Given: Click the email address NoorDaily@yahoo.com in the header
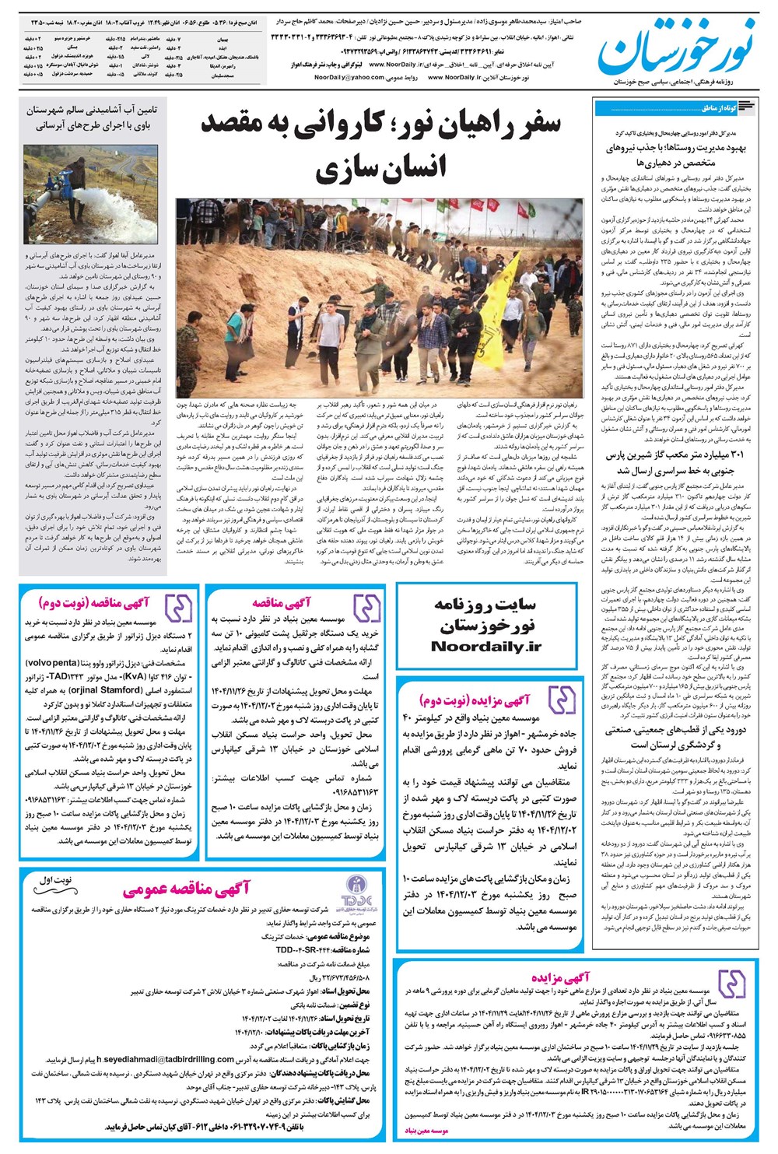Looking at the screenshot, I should click(349, 78).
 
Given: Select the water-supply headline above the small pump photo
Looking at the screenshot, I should click(90, 118).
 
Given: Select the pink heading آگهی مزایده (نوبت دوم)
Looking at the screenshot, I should click(474, 700).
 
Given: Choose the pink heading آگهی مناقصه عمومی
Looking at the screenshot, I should click(186, 889).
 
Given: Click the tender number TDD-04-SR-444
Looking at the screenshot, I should click(301, 950).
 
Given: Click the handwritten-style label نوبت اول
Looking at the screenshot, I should click(55, 879).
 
